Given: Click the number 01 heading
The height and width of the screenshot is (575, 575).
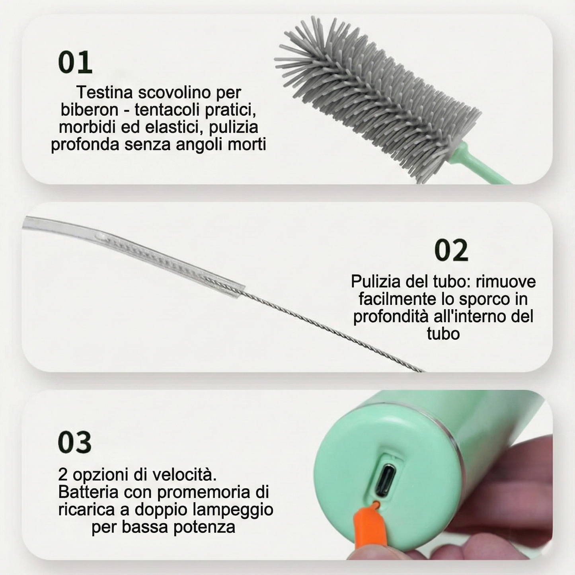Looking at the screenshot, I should pos(75,62).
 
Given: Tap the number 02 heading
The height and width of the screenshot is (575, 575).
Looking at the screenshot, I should pos(451,251).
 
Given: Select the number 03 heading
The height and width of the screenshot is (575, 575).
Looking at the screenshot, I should pos(75,442).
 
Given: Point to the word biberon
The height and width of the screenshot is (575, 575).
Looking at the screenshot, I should pos(84,110).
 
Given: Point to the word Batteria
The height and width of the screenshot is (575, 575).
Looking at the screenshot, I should pos(88,492).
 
